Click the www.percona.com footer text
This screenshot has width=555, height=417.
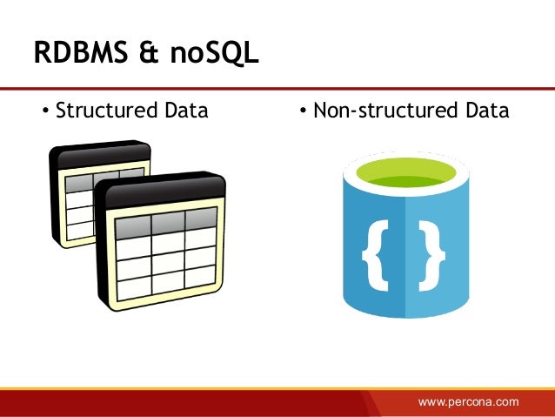(468, 401)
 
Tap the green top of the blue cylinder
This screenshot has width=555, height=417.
(403, 169)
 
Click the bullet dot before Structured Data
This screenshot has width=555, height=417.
(45, 112)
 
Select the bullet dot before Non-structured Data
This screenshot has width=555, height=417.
(302, 112)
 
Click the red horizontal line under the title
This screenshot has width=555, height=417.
(277, 88)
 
